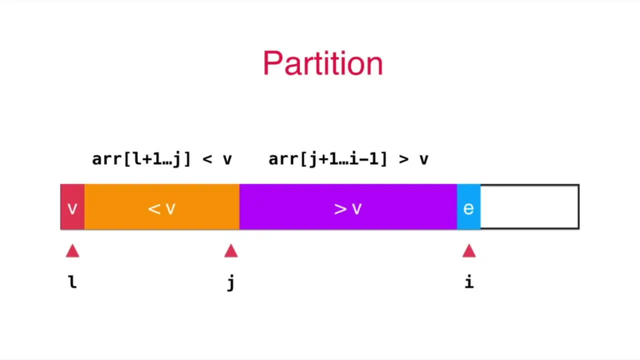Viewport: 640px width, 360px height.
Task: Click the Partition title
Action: [322, 64]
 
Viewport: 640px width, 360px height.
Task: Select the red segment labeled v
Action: [72, 207]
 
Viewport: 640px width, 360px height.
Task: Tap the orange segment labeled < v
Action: [161, 207]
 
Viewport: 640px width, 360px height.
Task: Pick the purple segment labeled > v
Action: [348, 207]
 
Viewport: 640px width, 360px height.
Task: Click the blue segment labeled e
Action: [468, 207]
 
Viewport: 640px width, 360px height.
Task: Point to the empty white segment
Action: [529, 207]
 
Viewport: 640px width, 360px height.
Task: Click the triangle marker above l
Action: [72, 251]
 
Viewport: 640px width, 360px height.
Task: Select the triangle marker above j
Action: [230, 251]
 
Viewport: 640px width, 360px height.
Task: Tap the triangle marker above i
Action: [469, 251]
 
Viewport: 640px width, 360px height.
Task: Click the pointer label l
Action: [72, 282]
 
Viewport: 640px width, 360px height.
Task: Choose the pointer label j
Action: [230, 283]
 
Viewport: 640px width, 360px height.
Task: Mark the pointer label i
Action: [469, 282]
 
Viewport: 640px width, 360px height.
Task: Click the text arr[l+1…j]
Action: [141, 159]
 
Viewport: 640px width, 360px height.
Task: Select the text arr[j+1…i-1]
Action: [328, 159]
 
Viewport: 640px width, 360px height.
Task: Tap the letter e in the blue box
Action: [468, 208]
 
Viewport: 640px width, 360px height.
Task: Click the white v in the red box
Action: [72, 208]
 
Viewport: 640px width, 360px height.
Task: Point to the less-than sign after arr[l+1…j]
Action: [207, 159]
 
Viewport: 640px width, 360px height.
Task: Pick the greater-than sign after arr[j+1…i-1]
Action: [404, 159]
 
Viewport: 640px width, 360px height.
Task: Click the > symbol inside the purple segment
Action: [340, 208]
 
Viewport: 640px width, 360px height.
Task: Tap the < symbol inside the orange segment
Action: [154, 208]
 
